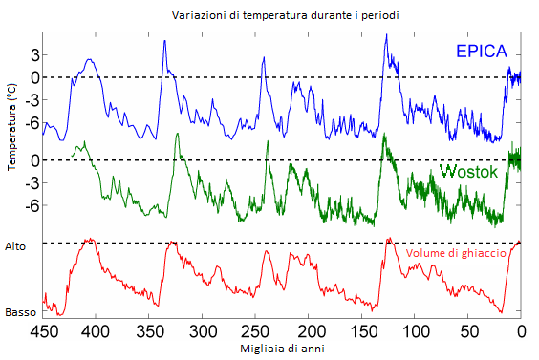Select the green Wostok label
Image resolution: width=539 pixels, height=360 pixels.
(x=471, y=172)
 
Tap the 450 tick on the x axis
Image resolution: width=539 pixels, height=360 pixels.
(x=42, y=331)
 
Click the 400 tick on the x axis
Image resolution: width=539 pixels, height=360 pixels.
(x=96, y=331)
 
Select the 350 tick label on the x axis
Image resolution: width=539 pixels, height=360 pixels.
(x=149, y=331)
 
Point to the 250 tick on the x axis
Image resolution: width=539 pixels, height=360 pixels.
(x=255, y=331)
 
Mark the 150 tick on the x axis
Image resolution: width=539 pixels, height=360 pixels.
(x=362, y=331)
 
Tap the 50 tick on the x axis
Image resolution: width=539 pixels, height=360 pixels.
(x=468, y=331)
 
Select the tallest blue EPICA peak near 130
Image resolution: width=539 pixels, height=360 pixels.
(x=386, y=35)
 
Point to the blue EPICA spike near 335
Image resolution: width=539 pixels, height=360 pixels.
(x=164, y=41)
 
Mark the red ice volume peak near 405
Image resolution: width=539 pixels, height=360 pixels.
(x=89, y=240)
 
